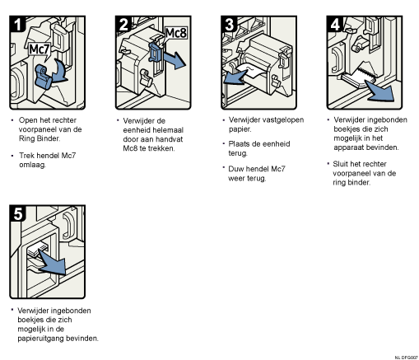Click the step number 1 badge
tap(17, 24)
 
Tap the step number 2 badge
tap(123, 24)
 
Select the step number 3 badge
tap(230, 24)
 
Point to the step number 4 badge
tap(335, 24)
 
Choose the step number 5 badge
tap(18, 213)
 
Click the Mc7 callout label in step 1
tap(40, 49)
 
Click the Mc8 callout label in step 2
tap(176, 33)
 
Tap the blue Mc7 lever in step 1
tap(43, 77)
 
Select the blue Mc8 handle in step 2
tap(156, 52)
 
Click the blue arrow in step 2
tap(174, 60)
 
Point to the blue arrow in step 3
tap(235, 77)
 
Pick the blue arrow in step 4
tap(381, 91)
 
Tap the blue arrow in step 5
tap(54, 263)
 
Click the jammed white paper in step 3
tap(251, 71)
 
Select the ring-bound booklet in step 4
tap(359, 76)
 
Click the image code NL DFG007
tap(407, 358)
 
